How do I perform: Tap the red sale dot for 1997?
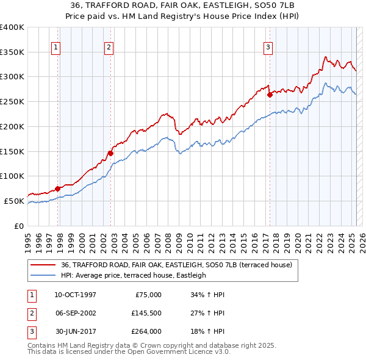(57, 189)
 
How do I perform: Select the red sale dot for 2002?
(110, 153)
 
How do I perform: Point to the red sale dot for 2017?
(270, 95)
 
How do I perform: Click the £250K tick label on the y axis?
(12, 102)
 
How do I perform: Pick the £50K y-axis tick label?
(15, 201)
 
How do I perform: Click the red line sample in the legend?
(43, 265)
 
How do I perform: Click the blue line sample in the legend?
(43, 275)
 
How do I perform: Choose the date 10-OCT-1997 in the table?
(75, 295)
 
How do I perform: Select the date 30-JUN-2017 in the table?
(75, 331)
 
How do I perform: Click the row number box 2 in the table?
(30, 313)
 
